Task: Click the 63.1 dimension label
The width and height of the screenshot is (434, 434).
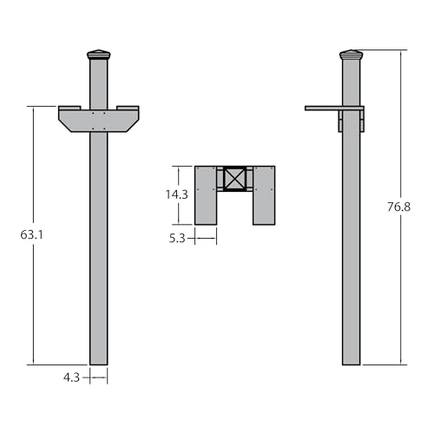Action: point(32,234)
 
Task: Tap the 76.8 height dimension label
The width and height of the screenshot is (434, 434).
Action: point(398,207)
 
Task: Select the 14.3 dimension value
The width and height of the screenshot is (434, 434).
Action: point(177,194)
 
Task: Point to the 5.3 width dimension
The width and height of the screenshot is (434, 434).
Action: point(177,239)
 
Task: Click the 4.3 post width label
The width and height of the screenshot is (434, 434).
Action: point(71,378)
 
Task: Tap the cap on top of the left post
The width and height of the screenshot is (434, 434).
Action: point(99,55)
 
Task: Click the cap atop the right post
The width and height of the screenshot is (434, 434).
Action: point(352,55)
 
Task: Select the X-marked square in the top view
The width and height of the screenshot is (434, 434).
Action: point(234,178)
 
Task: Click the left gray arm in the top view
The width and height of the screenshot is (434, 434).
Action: point(206,195)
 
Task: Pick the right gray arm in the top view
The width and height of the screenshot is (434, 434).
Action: point(264,195)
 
